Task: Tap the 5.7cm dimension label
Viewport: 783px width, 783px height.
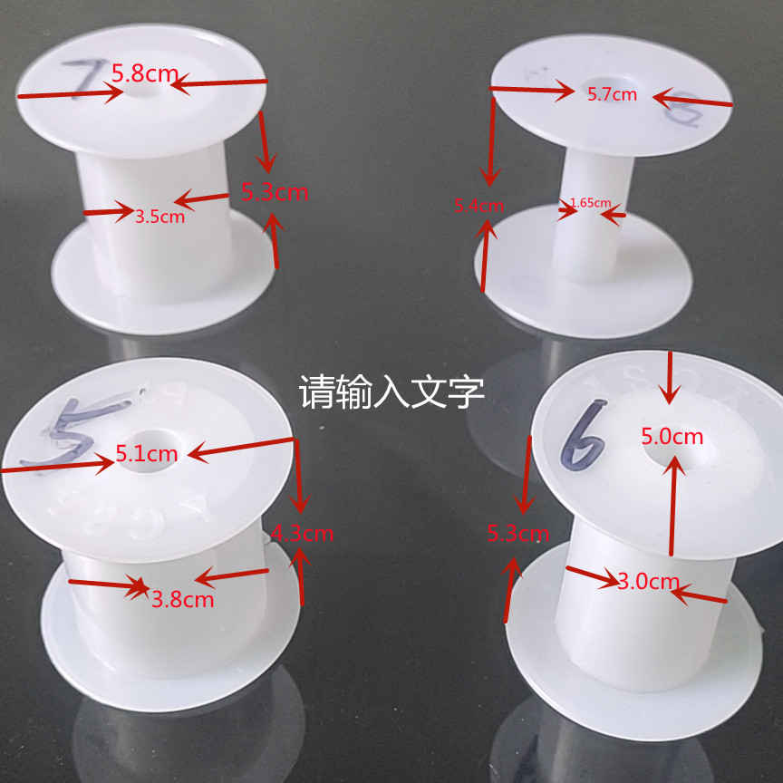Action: (612, 93)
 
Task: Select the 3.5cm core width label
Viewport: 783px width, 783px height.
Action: (159, 217)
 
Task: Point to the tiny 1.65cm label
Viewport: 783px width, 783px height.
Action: (590, 203)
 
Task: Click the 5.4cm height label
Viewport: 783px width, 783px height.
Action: (478, 206)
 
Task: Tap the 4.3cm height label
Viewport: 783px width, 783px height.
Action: (303, 533)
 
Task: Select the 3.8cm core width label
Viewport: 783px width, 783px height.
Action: (182, 599)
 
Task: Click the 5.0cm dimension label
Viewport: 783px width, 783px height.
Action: (672, 436)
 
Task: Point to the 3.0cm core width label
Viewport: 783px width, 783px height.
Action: (648, 582)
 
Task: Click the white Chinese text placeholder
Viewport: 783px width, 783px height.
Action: (391, 393)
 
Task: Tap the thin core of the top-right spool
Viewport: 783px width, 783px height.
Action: (589, 236)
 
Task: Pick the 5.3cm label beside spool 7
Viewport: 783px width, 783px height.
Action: (274, 192)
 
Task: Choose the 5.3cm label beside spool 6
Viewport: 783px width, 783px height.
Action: (517, 533)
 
